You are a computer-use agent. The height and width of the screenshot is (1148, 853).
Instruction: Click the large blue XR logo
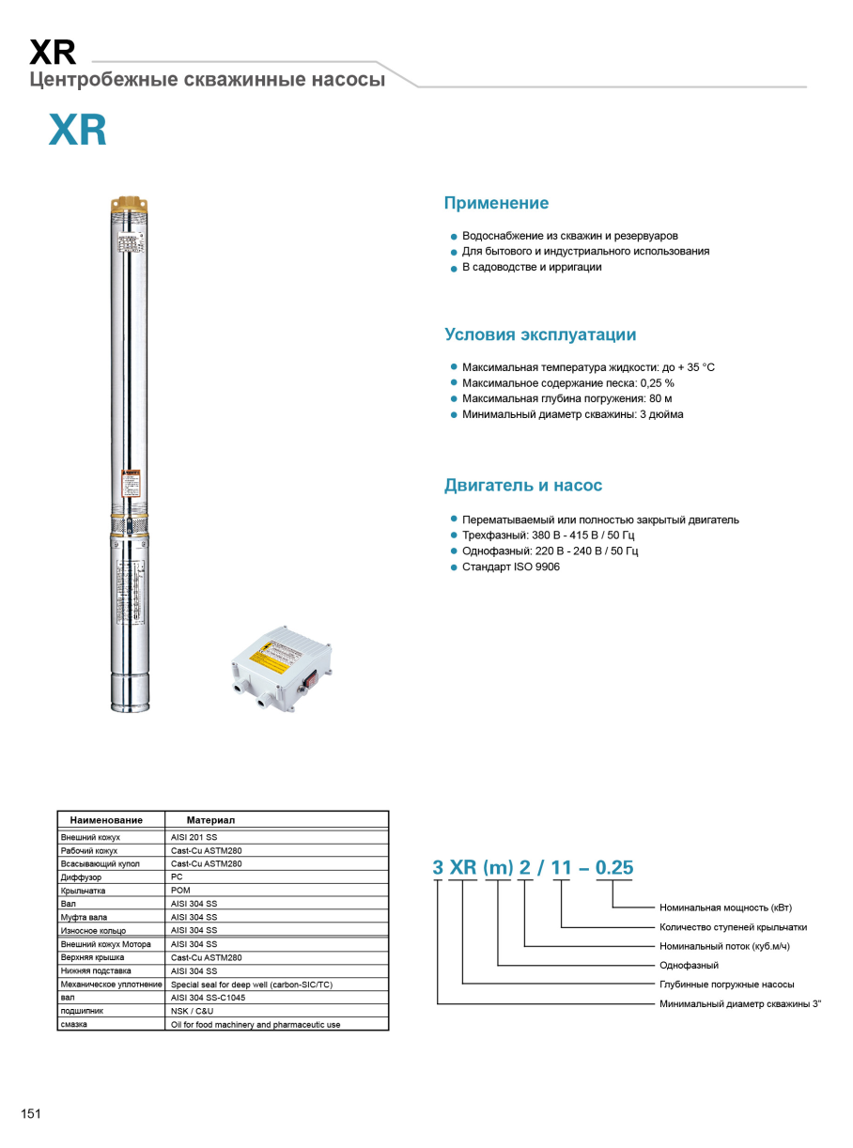coord(78,132)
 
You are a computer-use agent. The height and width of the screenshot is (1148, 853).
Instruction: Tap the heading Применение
coord(496,203)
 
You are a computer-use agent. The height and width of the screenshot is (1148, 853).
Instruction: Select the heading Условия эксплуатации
coord(539,334)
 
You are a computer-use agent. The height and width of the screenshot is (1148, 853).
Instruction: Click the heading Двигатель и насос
coord(522,486)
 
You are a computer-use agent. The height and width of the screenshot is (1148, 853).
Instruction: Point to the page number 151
coord(31,1114)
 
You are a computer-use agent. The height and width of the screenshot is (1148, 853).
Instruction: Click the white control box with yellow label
coord(281,668)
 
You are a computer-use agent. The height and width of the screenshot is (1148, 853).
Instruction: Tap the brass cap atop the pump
coord(130,204)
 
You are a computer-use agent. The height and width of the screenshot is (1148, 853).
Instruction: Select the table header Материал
coord(210,820)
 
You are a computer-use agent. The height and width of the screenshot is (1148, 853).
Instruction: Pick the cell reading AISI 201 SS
coord(194,837)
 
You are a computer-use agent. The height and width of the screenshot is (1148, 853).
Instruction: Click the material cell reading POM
coord(180,890)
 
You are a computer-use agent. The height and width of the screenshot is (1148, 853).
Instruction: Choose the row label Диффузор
coord(81,877)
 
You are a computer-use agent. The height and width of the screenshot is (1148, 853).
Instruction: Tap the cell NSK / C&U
coord(192,1011)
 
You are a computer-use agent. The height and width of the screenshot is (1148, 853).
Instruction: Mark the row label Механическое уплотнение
coord(111,985)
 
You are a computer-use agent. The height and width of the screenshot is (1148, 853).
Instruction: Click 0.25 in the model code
coord(614,868)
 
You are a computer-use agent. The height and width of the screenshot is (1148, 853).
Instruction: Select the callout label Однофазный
coord(689,965)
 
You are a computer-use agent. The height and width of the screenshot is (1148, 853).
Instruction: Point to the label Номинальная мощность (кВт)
coord(725,908)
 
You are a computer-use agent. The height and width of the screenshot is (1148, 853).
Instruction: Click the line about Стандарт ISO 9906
coord(510,566)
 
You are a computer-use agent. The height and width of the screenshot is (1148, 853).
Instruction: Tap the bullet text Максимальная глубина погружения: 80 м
coord(566,398)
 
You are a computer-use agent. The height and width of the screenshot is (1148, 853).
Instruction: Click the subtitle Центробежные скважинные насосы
coord(207,80)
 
